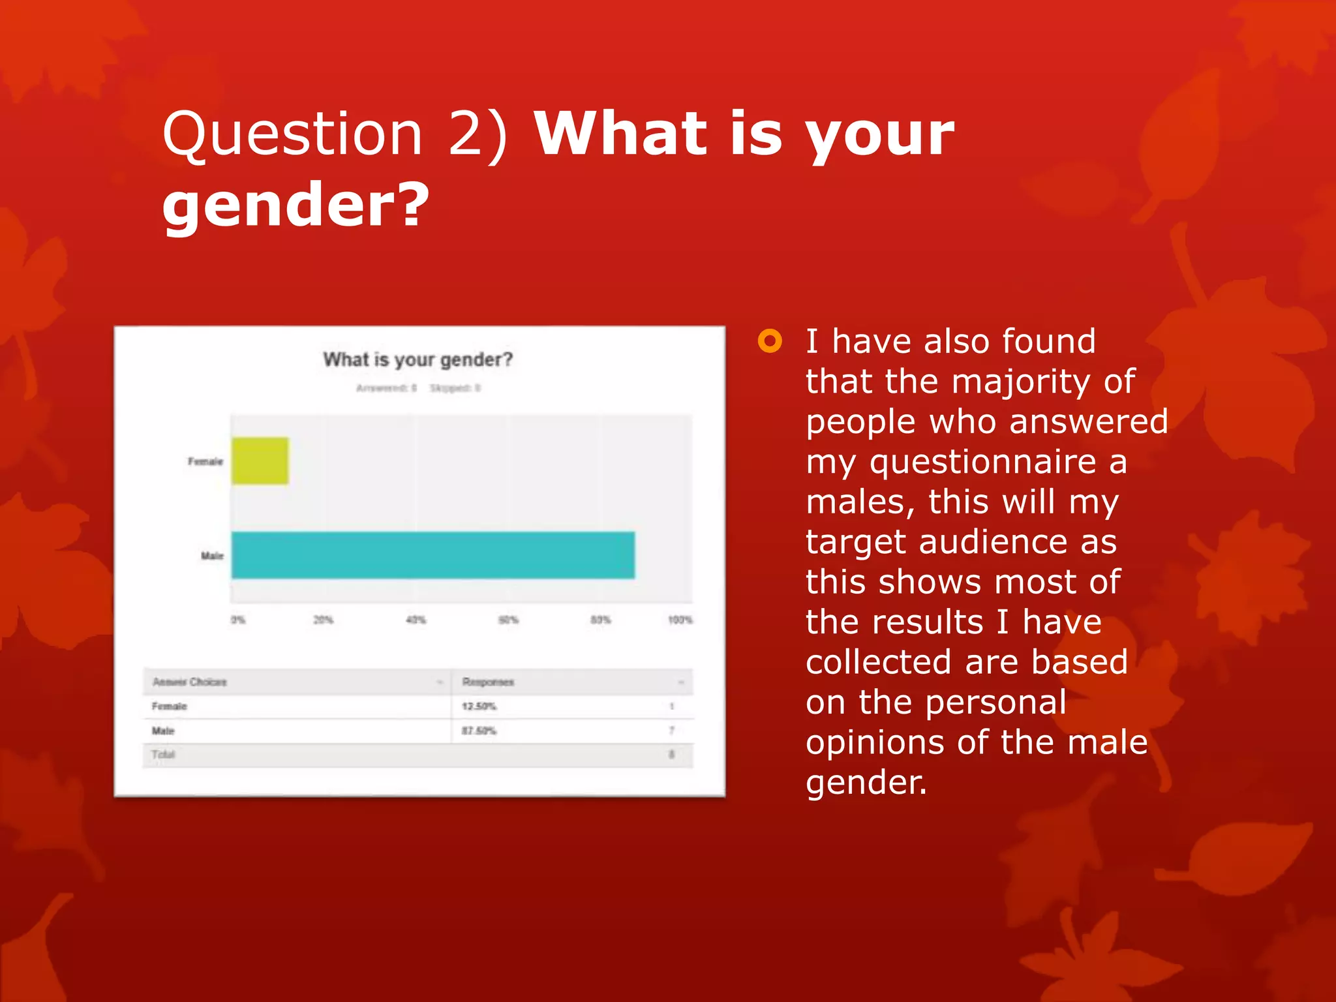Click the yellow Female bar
[260, 461]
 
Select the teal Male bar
[433, 555]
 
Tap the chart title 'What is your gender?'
[418, 359]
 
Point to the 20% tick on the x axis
[323, 619]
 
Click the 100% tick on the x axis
[680, 619]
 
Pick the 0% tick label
[238, 619]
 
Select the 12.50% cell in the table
[479, 706]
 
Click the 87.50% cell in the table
[479, 731]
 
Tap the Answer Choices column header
[190, 682]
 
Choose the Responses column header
[488, 682]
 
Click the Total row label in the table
[163, 755]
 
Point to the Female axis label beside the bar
[205, 461]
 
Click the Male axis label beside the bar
[212, 556]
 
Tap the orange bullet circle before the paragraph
[770, 341]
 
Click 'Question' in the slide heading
[293, 133]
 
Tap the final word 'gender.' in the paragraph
[866, 782]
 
